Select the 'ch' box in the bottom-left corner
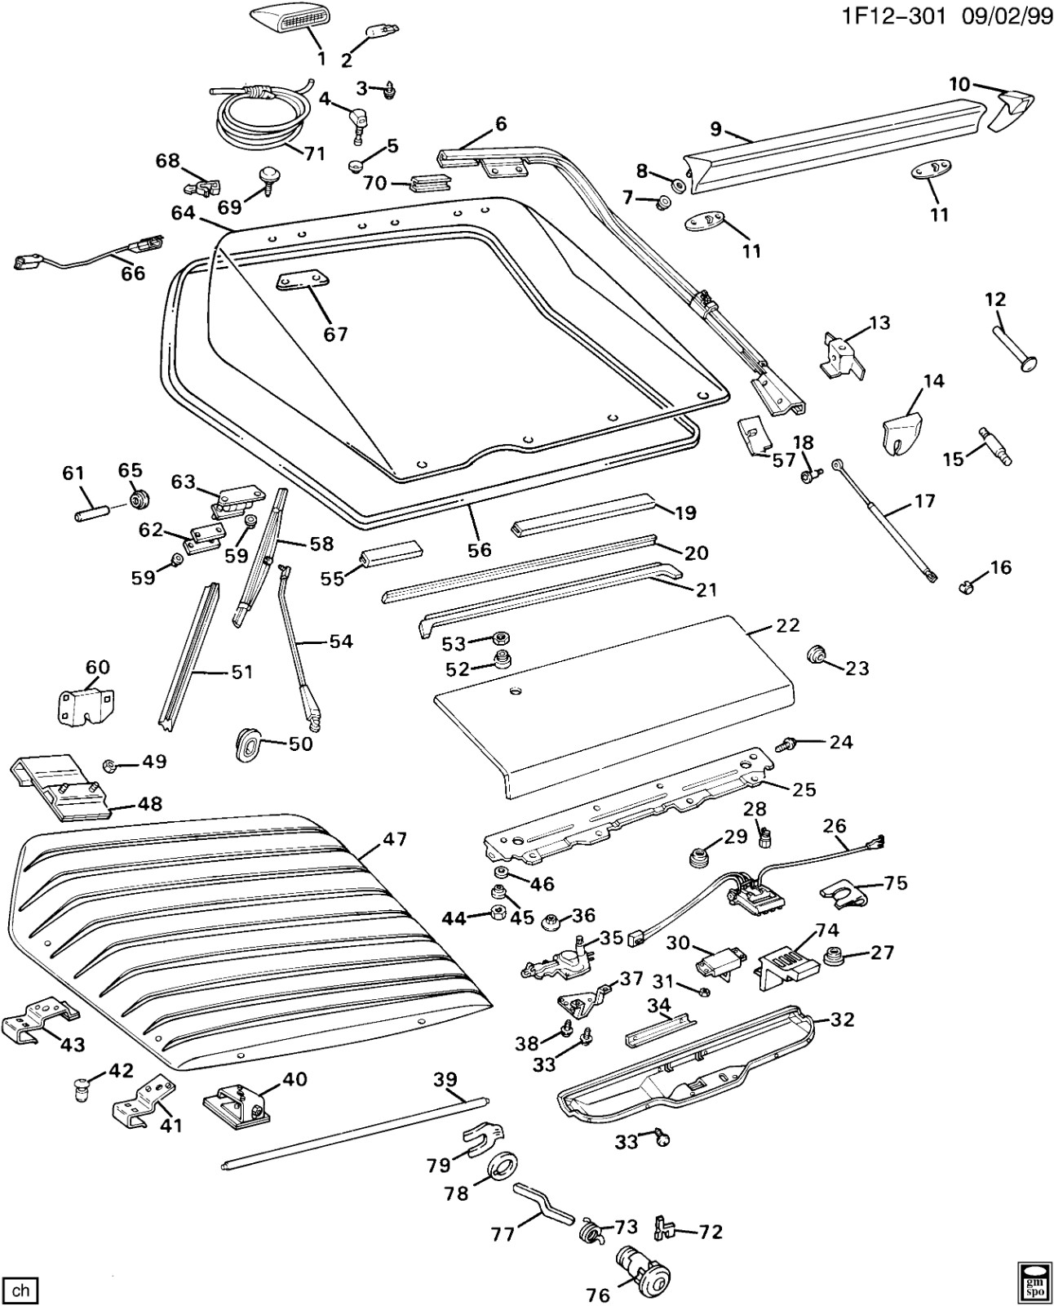20,1290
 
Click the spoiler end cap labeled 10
1013,109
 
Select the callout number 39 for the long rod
445,1080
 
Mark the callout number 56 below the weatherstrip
480,549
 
